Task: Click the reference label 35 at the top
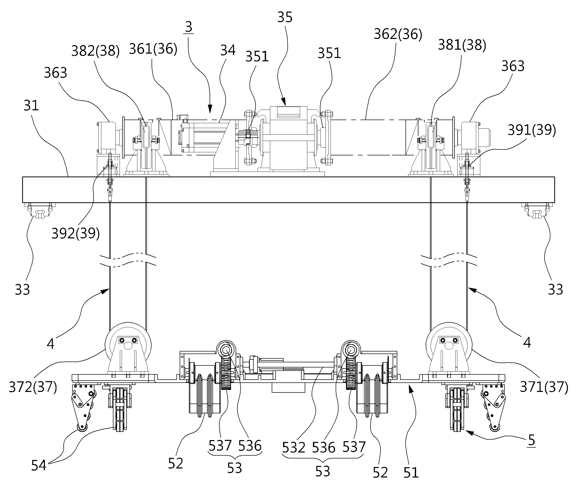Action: coord(285,17)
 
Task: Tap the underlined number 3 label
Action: coord(189,27)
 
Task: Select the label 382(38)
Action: coord(95,51)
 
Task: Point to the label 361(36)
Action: coord(153,49)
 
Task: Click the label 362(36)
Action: coord(398,34)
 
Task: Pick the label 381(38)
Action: coord(462,45)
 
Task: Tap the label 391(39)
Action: coord(532,130)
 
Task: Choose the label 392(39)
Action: coord(76,233)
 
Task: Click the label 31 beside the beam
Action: coord(31,106)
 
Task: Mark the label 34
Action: coord(228,51)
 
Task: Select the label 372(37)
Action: coord(33,387)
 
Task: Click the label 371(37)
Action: coord(544,387)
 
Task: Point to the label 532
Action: coord(294,447)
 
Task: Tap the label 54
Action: coord(39,466)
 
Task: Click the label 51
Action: coord(411,473)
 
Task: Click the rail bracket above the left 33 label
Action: coord(40,210)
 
